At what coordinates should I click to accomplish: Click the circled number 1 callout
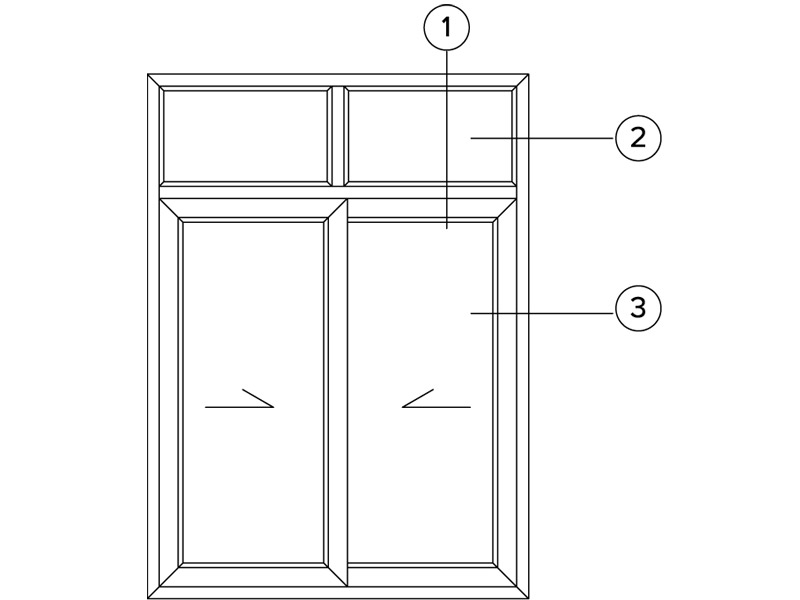pos(446,28)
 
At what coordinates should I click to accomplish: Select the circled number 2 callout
pos(638,138)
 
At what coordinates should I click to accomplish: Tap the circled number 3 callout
pos(638,308)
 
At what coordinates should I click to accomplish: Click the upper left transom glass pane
pos(245,136)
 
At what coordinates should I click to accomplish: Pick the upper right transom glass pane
pos(430,136)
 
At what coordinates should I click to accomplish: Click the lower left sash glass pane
pos(253,393)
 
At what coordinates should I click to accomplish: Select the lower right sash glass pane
pos(420,393)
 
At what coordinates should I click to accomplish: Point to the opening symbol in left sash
pos(240,398)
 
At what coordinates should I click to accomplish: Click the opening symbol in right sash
pos(436,398)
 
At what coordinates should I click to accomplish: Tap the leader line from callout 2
pos(542,138)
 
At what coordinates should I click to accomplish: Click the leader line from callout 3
pos(542,313)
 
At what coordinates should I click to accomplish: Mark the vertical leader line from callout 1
pos(447,140)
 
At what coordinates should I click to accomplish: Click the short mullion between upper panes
pos(337,136)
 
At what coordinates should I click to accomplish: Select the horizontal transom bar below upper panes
pos(338,192)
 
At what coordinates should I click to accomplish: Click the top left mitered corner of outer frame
pos(154,80)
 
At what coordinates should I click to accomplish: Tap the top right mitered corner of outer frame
pos(522,80)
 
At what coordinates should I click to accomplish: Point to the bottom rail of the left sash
pos(253,576)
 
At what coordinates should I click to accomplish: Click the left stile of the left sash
pos(170,393)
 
